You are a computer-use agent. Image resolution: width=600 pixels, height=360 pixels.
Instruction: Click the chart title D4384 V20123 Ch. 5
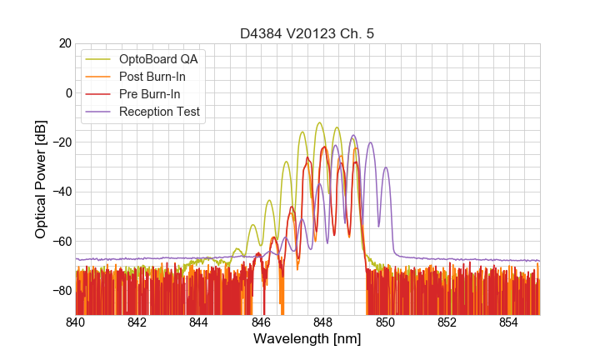(x=307, y=34)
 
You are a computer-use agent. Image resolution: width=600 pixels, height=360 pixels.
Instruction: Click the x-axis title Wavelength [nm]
(x=307, y=340)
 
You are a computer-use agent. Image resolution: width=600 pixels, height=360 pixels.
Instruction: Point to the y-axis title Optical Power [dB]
(x=40, y=179)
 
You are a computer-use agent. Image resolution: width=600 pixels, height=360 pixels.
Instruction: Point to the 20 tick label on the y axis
(x=64, y=43)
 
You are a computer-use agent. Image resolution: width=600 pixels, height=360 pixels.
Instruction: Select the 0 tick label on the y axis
(x=67, y=92)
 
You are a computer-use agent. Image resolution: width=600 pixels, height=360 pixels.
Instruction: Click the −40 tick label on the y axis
(x=60, y=192)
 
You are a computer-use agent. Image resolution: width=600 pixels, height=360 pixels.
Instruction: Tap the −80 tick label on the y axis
(x=60, y=291)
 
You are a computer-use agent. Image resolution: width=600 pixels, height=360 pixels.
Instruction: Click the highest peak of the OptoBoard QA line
(x=320, y=122)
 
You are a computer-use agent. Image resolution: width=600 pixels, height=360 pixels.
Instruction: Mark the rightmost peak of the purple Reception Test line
(x=386, y=167)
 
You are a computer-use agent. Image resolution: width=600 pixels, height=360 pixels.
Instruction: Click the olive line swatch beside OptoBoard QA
(x=99, y=59)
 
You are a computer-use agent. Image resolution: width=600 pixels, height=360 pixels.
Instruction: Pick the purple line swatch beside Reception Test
(x=99, y=112)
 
